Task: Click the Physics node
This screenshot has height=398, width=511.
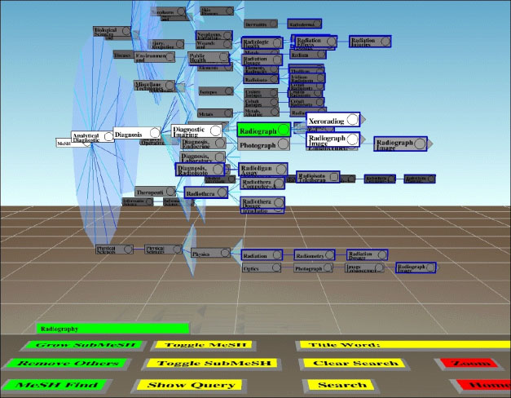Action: point(208,254)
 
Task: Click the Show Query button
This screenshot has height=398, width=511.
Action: point(209,385)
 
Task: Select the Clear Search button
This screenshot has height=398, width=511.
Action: point(343,363)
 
